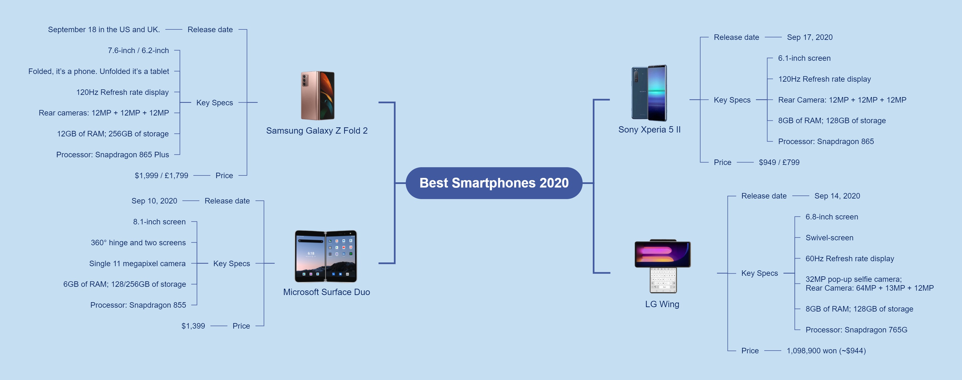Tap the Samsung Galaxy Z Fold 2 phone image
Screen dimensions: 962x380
(x=318, y=96)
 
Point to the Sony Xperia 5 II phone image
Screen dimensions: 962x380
(x=649, y=93)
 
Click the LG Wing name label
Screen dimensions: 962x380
(x=662, y=304)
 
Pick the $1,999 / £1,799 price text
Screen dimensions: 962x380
(x=161, y=175)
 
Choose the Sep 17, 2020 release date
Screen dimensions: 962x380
(x=810, y=37)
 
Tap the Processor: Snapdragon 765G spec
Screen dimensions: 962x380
(x=856, y=330)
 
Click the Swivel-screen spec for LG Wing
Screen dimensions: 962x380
(x=829, y=238)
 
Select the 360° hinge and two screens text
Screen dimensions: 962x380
(x=138, y=243)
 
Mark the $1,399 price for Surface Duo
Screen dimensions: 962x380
(x=193, y=326)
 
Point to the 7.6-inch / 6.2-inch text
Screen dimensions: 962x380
(x=138, y=50)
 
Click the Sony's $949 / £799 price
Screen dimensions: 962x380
(x=779, y=163)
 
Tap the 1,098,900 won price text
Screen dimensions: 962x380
(x=826, y=351)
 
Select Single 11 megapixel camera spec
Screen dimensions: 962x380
(x=137, y=263)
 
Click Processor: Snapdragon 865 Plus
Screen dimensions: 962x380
(x=112, y=155)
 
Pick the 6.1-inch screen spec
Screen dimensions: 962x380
(x=804, y=58)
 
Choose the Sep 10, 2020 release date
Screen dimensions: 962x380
(x=154, y=201)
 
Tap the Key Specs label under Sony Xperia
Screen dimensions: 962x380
(x=732, y=100)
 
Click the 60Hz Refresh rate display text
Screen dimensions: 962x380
(x=850, y=259)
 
